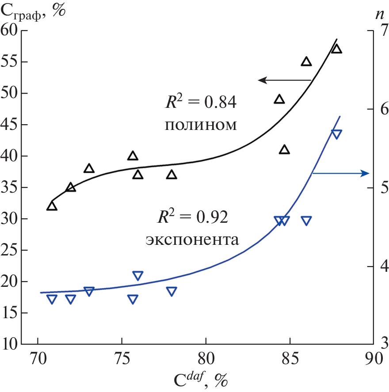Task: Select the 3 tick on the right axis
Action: pyautogui.click(x=379, y=344)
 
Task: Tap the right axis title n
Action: pyautogui.click(x=379, y=14)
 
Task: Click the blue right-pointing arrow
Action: pyautogui.click(x=340, y=173)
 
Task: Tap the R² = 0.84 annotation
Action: pyautogui.click(x=198, y=103)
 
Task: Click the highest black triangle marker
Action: pyautogui.click(x=337, y=49)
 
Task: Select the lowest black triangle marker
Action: pyautogui.click(x=52, y=206)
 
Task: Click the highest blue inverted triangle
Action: pyautogui.click(x=337, y=134)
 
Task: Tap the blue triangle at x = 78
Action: pyautogui.click(x=172, y=291)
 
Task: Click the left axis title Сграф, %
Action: pyautogui.click(x=34, y=11)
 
